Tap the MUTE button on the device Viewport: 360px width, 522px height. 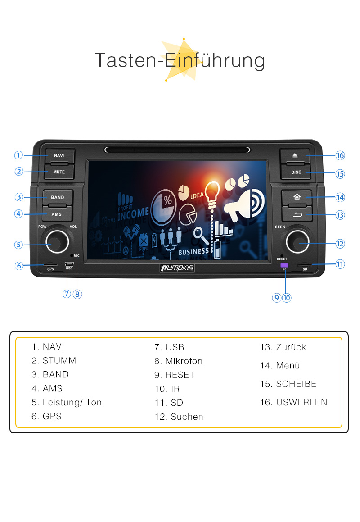[59, 172]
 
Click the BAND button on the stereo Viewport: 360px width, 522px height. [58, 197]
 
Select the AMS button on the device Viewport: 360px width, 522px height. [57, 214]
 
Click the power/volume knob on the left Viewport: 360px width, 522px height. [57, 242]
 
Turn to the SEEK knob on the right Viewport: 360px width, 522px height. [297, 241]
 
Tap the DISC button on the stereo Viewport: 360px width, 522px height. [296, 172]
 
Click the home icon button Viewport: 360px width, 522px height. [297, 197]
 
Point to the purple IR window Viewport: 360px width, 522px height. [284, 265]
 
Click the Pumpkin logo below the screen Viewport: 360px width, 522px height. [177, 268]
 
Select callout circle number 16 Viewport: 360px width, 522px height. [340, 155]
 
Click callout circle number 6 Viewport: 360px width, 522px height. [19, 266]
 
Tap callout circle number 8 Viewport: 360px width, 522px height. [77, 294]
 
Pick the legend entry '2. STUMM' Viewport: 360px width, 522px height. [54, 361]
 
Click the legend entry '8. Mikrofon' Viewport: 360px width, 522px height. [178, 361]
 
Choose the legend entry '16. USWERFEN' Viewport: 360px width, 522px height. [293, 402]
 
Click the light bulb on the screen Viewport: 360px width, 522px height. [212, 193]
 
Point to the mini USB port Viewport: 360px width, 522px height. [69, 264]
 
